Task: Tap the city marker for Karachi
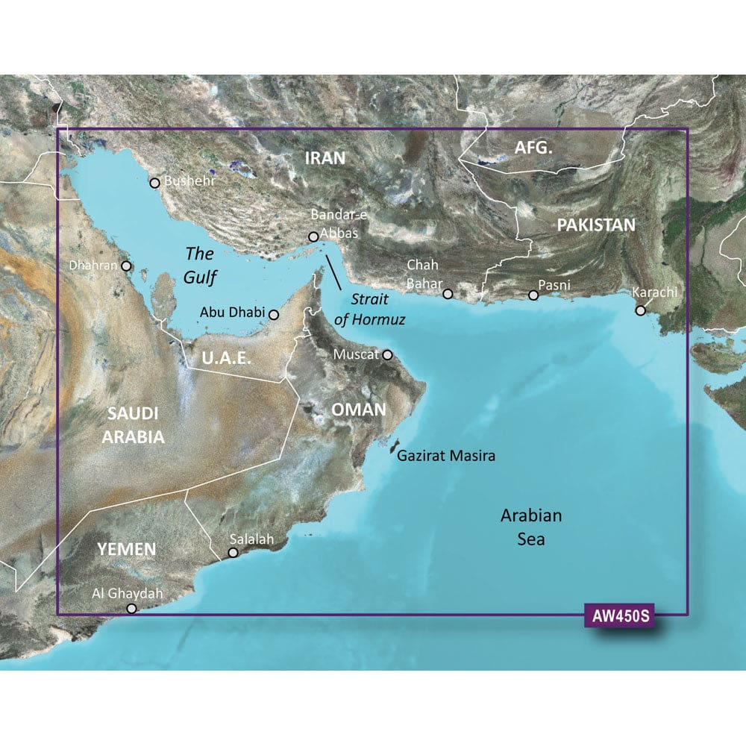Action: [640, 310]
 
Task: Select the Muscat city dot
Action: [387, 355]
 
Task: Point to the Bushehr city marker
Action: [155, 183]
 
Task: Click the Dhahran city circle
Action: [127, 266]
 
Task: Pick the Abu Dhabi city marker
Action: [274, 315]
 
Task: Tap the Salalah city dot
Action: [233, 553]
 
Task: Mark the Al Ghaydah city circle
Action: [132, 609]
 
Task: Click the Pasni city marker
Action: [533, 295]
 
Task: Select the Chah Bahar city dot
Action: [448, 294]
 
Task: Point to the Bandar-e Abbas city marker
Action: [314, 237]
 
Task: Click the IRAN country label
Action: [325, 157]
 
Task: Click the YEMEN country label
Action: [126, 550]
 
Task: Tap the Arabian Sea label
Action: [530, 527]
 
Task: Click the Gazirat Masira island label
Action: [446, 455]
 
